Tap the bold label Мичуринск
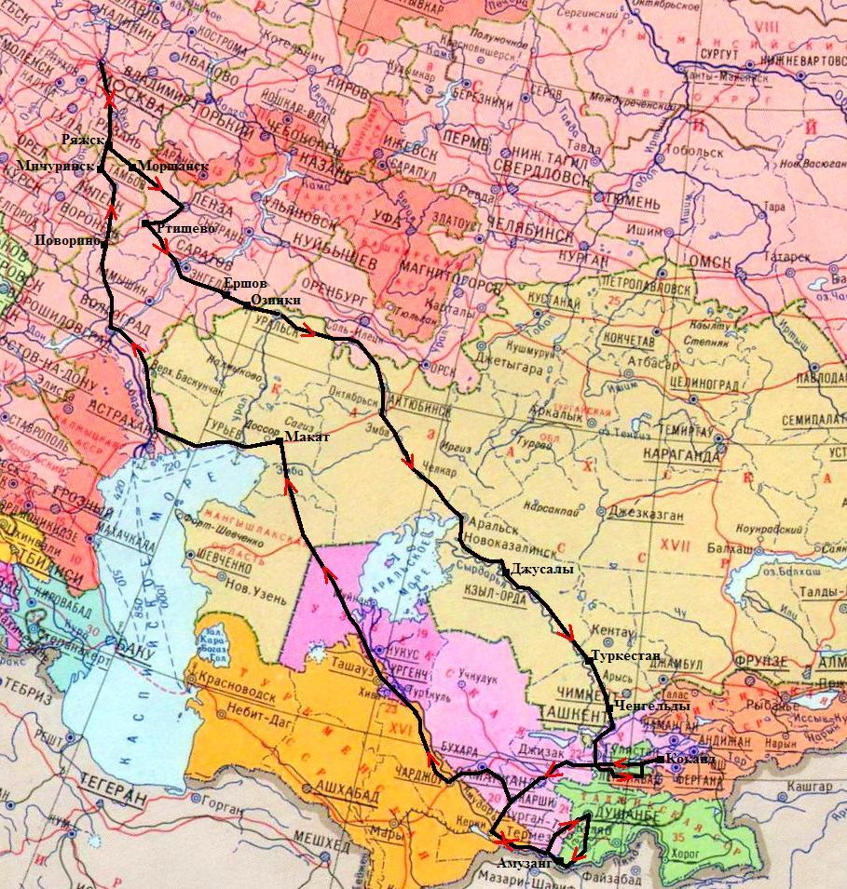click(55, 166)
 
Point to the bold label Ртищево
click(186, 227)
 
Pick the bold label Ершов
click(246, 283)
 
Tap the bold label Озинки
click(276, 301)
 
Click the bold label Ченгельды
click(652, 707)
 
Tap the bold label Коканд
click(690, 760)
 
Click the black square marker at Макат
click(280, 438)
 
